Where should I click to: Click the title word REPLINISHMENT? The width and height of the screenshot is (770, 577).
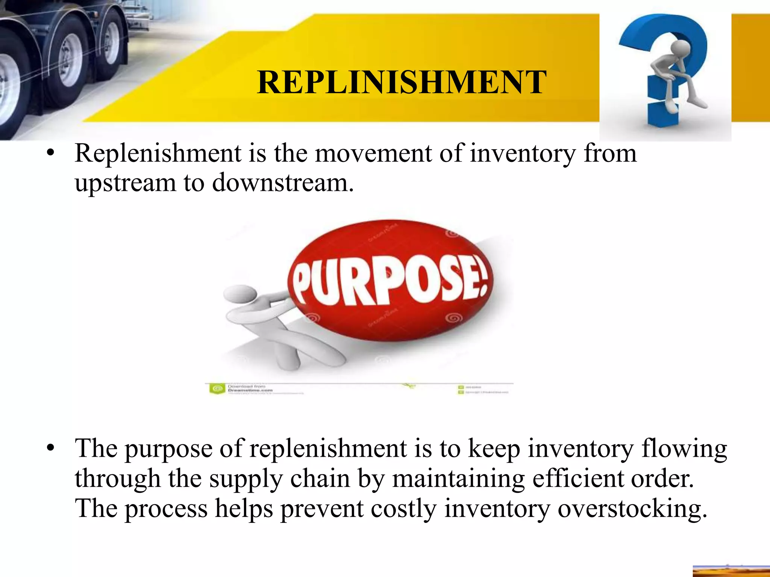click(402, 83)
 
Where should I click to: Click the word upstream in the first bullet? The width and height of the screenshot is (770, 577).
click(125, 183)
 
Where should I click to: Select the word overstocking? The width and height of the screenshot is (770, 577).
click(632, 509)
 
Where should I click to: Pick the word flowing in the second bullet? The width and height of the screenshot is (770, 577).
click(684, 449)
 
